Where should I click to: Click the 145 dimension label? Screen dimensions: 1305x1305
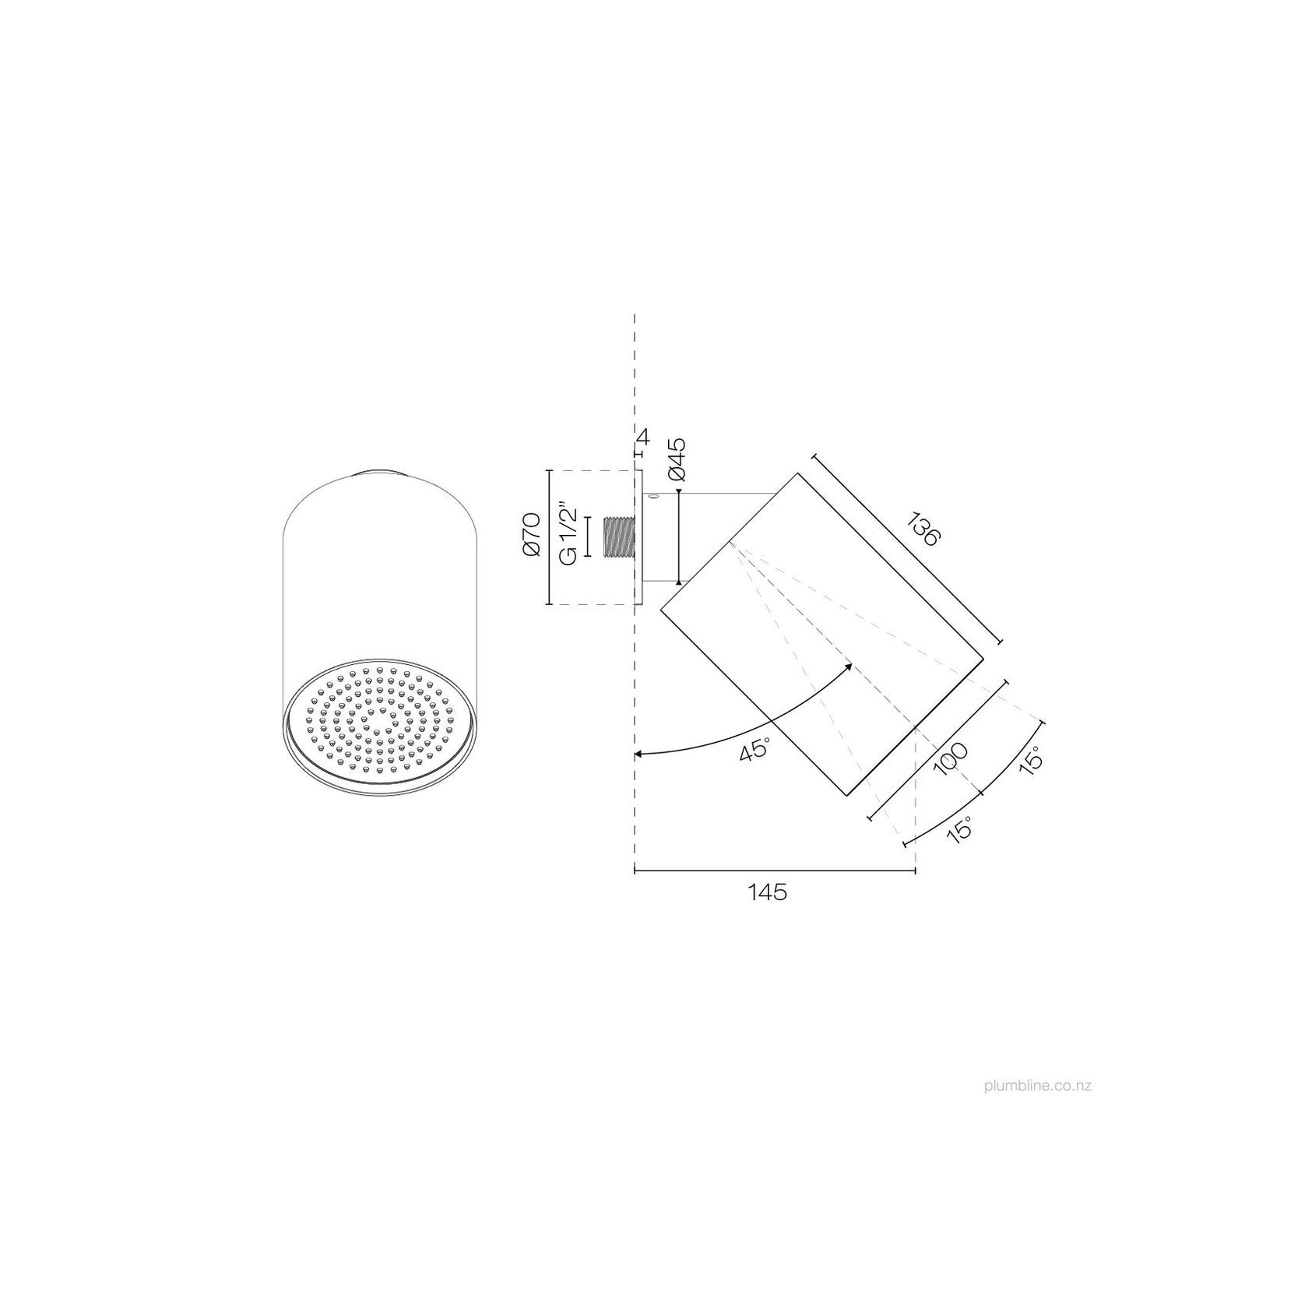(768, 892)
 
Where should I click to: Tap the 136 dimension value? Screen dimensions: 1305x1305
(925, 529)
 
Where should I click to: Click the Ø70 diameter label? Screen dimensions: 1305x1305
(533, 536)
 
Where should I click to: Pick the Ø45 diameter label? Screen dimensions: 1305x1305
(677, 459)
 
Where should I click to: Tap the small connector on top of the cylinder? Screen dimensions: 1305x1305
(381, 471)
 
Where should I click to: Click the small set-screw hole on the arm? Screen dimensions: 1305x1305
(653, 496)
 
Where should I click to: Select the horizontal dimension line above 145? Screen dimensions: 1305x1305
(775, 871)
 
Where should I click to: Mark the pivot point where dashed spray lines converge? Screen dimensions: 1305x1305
(730, 543)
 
